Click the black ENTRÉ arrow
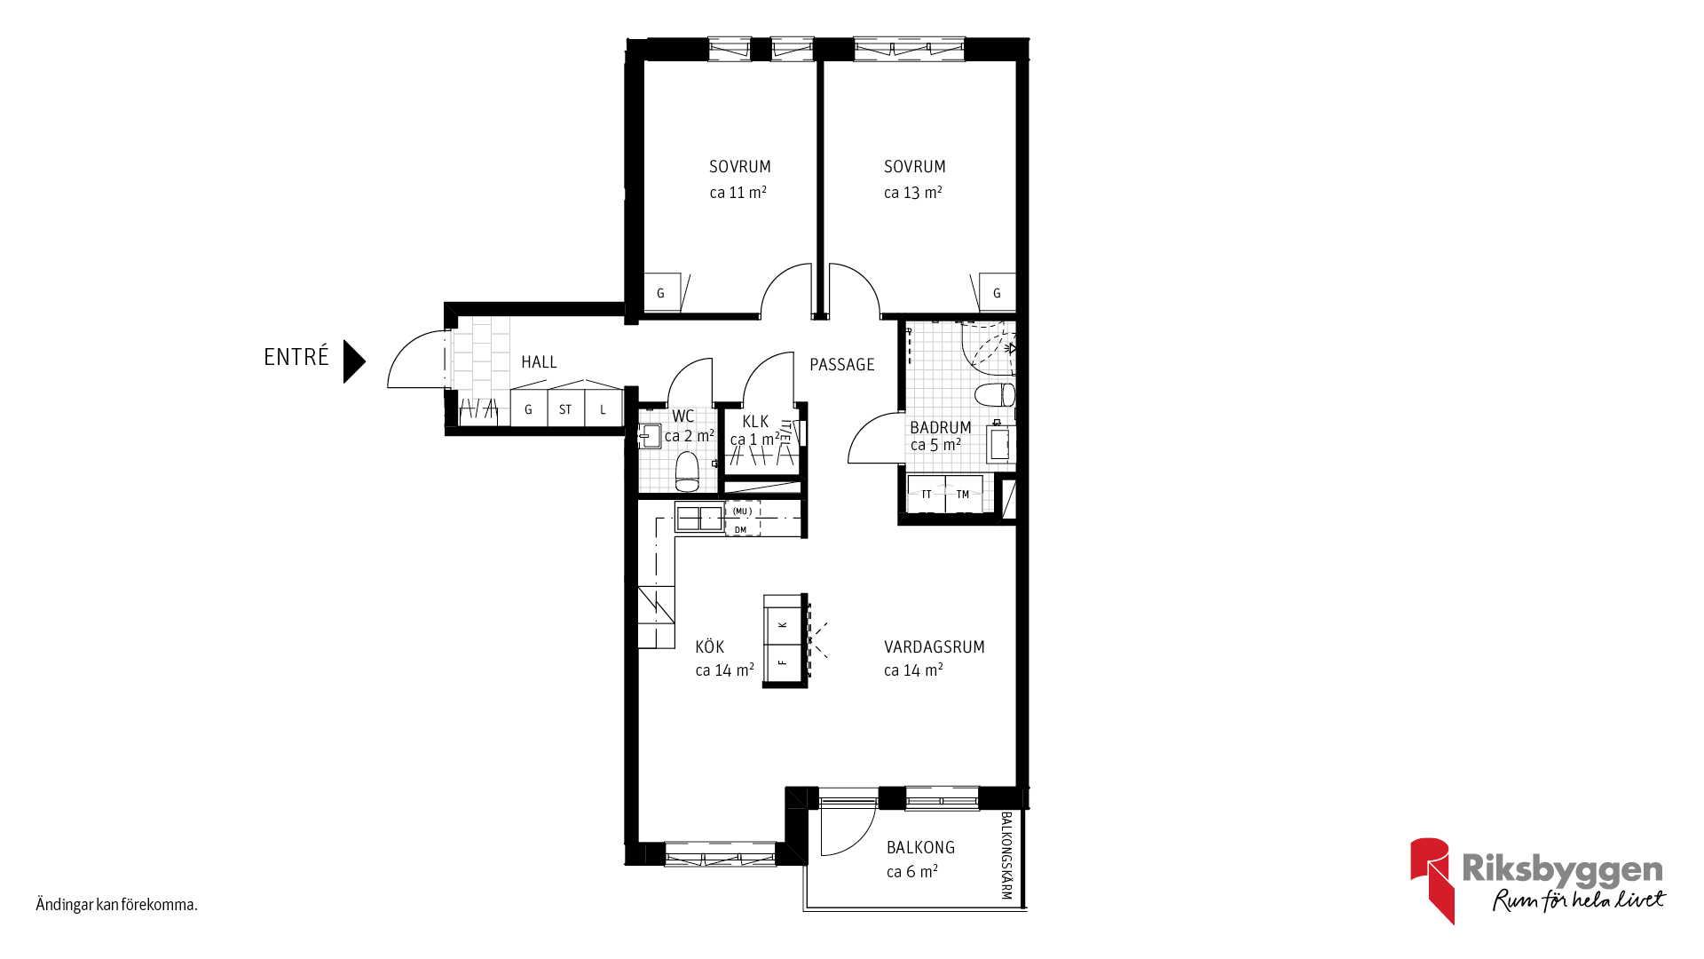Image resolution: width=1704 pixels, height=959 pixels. (353, 361)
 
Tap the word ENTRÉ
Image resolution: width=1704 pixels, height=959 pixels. (296, 357)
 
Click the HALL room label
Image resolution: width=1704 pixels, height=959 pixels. (539, 362)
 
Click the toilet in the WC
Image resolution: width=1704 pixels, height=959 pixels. (688, 472)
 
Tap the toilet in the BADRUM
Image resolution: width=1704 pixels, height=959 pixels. (995, 394)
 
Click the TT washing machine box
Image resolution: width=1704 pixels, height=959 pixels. (927, 494)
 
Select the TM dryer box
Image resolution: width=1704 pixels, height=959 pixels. (964, 494)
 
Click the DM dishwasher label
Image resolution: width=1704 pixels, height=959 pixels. (741, 530)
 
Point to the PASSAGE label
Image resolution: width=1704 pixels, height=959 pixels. (842, 365)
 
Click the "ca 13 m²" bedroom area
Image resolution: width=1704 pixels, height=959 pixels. (913, 193)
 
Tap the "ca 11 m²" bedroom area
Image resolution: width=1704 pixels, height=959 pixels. (738, 193)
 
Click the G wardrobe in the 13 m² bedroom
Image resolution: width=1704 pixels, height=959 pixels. (997, 292)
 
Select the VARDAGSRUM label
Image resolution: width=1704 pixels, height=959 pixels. (935, 647)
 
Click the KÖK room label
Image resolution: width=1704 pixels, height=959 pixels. (710, 646)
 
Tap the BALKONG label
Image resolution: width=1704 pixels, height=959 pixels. (920, 848)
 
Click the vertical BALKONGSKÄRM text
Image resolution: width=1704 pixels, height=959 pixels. (1006, 855)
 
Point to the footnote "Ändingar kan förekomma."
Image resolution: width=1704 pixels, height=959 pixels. (116, 905)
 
